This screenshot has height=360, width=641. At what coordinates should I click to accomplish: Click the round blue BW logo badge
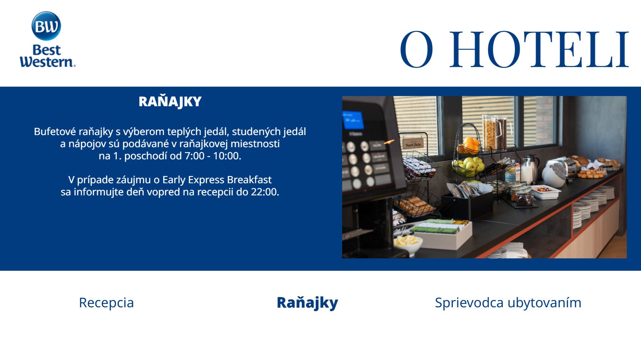pos(46,26)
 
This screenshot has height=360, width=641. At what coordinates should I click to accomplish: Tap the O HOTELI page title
pos(514,49)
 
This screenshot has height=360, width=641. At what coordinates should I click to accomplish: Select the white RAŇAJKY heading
pos(170,102)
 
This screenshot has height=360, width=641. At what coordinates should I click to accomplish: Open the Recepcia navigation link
pos(106,302)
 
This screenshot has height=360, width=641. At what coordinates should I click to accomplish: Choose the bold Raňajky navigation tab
pos(307,302)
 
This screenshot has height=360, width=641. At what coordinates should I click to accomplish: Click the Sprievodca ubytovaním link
pos(508,302)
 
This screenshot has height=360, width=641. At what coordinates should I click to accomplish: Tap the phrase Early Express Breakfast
pos(217,180)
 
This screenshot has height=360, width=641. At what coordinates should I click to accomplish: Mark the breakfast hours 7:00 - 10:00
pos(213,156)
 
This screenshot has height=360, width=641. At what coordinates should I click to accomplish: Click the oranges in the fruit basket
pos(469,146)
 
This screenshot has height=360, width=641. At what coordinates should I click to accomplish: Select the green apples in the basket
pos(469,166)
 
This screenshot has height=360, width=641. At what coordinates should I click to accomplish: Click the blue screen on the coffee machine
pos(353,120)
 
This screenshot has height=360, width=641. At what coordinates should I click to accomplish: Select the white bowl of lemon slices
pos(408,244)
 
